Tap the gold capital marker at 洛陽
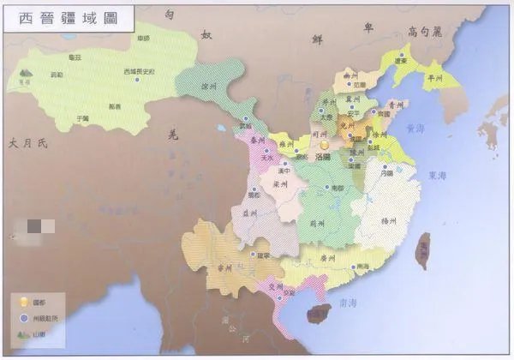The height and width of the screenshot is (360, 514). (x=325, y=147)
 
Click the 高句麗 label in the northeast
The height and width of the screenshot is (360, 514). (x=426, y=32)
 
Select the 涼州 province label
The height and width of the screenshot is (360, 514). (x=209, y=86)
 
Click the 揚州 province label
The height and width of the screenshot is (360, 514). (x=388, y=221)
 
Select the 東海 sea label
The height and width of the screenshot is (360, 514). (x=438, y=176)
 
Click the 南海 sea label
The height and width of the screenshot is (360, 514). (x=348, y=303)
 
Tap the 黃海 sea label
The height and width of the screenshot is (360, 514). (x=417, y=128)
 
